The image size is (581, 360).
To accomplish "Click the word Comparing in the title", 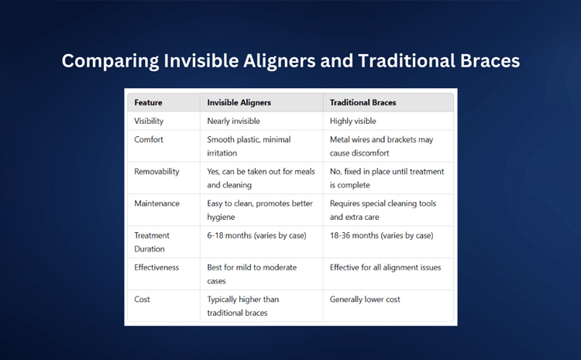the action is (110, 61).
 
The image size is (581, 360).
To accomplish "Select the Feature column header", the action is (148, 103).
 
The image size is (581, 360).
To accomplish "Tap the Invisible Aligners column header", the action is (239, 103).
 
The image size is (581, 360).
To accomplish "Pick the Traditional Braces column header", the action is (363, 103).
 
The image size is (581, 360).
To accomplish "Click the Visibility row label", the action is (149, 121).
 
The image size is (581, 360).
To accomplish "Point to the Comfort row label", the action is (149, 139).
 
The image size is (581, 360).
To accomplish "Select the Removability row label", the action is (156, 172).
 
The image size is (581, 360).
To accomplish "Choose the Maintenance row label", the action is (156, 204).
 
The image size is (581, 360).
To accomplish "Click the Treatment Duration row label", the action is (152, 242).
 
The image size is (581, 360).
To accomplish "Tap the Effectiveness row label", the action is (156, 267).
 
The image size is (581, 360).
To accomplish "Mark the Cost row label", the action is (142, 300).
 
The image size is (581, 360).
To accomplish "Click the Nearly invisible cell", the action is (233, 121).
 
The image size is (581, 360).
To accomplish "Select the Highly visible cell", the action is (352, 121).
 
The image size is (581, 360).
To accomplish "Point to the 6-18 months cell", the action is (256, 235).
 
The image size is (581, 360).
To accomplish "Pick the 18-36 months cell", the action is (382, 235).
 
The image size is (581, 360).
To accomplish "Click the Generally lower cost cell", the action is (365, 300).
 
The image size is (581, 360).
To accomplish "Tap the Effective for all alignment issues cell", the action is (385, 267).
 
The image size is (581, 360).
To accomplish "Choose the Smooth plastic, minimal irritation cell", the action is (249, 146).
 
